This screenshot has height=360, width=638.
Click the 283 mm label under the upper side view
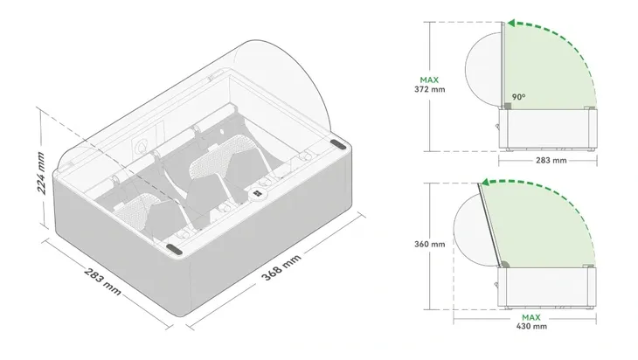click(549, 161)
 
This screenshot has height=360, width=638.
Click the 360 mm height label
click(431, 245)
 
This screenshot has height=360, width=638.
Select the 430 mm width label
click(531, 326)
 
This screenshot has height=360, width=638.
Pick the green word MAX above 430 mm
click(531, 316)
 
